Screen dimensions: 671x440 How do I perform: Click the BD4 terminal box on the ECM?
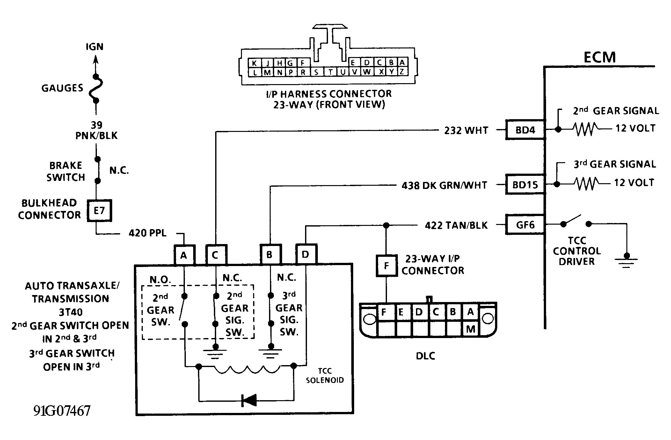point(525,130)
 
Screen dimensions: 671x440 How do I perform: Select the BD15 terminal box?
point(525,184)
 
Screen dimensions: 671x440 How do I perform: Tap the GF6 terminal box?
point(525,225)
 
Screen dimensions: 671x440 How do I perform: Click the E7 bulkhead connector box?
point(99,210)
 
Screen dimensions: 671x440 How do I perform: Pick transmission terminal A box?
point(184,255)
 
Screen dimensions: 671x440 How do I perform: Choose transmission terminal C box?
point(216,255)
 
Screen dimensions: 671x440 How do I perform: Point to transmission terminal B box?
point(270,255)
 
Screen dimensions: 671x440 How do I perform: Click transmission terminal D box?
point(306,254)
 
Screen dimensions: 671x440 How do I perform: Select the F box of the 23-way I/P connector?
point(386,265)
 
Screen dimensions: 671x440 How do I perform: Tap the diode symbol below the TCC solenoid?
point(249,400)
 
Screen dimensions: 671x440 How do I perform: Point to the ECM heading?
point(600,57)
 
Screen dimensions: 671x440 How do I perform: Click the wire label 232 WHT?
point(466,130)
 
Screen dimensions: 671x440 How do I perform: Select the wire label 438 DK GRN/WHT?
point(444,185)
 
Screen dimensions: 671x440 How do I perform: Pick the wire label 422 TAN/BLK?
point(456,226)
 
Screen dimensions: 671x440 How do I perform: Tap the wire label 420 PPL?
point(148,233)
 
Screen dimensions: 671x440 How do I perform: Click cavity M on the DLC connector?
point(470,329)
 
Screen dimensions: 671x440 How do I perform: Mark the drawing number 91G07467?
point(62,411)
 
